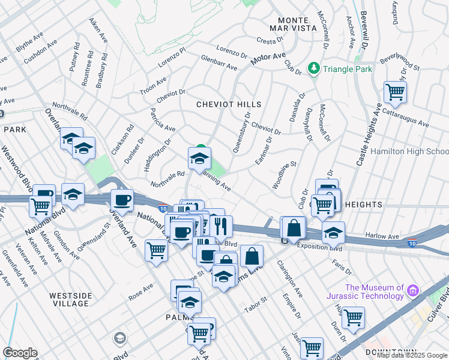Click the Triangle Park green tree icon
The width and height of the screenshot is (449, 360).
click(x=313, y=69)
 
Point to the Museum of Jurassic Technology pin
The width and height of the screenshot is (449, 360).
click(x=412, y=292)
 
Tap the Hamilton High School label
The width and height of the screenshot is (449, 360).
click(x=409, y=152)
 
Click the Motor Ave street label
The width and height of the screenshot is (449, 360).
click(x=267, y=59)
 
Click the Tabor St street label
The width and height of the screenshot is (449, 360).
click(x=255, y=305)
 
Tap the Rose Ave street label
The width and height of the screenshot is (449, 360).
click(x=141, y=295)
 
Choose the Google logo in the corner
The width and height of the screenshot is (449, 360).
click(x=20, y=353)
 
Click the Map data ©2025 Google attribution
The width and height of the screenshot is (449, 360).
click(x=412, y=355)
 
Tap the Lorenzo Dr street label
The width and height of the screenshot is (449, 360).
click(x=231, y=51)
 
